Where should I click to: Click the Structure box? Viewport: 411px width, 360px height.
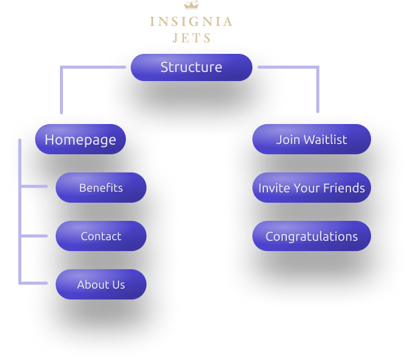click(x=191, y=67)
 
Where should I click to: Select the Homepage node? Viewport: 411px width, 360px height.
click(x=81, y=140)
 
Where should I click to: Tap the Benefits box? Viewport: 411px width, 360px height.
click(x=101, y=188)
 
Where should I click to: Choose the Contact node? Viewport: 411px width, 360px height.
click(x=101, y=236)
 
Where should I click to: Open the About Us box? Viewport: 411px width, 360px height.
click(x=101, y=284)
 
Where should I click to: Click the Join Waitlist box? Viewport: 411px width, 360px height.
click(x=311, y=139)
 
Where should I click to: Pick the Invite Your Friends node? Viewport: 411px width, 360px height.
click(x=311, y=188)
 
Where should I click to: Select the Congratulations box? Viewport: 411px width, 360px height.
click(x=311, y=236)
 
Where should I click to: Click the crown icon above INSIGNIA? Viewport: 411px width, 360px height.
click(x=191, y=5)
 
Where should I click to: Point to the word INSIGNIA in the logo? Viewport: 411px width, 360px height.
click(x=191, y=22)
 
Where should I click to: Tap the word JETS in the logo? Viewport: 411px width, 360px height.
click(x=191, y=38)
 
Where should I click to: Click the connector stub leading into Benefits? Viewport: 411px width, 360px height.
click(x=35, y=186)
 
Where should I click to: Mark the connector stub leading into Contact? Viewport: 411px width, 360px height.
click(x=35, y=235)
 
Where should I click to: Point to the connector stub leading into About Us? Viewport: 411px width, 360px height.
click(x=35, y=283)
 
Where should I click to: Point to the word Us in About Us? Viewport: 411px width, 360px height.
click(x=117, y=284)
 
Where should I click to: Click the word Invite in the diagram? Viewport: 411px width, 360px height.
click(x=274, y=188)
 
